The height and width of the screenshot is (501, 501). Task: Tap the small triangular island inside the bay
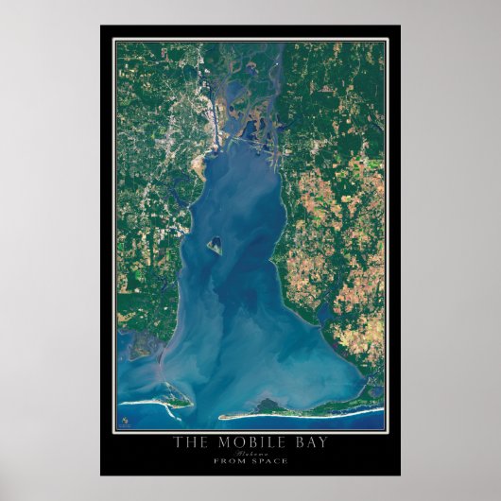pyautogui.click(x=216, y=246)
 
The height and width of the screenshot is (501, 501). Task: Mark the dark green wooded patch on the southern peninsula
pyautogui.click(x=268, y=406)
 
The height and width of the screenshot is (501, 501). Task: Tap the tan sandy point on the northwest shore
pyautogui.click(x=199, y=167)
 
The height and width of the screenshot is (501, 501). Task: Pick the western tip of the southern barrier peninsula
pyautogui.click(x=221, y=416)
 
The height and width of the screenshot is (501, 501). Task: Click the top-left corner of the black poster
pyautogui.click(x=101, y=26)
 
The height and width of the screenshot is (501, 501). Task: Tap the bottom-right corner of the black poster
pyautogui.click(x=400, y=475)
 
